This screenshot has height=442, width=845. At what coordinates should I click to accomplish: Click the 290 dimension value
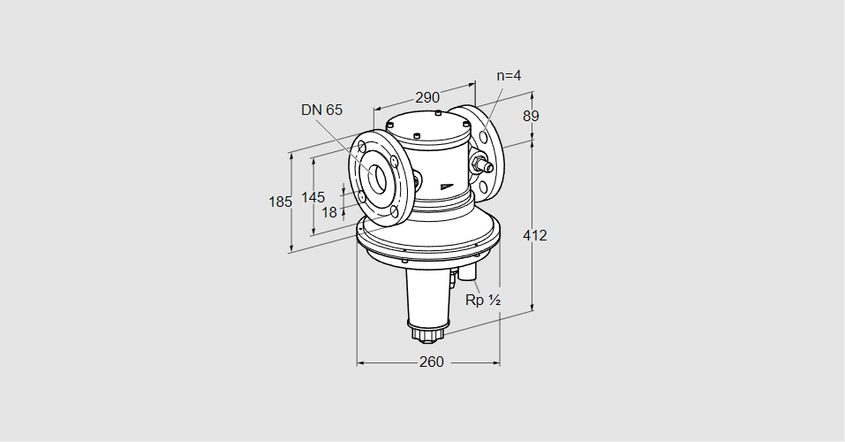point(427,97)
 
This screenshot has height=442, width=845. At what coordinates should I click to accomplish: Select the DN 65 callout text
point(321,110)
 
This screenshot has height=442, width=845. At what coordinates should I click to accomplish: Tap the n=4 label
point(509,75)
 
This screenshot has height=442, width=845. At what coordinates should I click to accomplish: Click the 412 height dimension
point(534,235)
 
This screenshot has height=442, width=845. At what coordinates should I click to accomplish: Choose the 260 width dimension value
point(431,362)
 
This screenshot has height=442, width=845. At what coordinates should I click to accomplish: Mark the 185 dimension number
point(280,202)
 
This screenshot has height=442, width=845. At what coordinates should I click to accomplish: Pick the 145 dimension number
point(313,196)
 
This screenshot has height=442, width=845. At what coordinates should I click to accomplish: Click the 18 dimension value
point(328,212)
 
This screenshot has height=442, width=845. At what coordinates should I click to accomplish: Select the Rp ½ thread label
point(483,301)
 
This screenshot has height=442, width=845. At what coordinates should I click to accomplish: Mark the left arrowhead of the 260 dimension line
point(359,362)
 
